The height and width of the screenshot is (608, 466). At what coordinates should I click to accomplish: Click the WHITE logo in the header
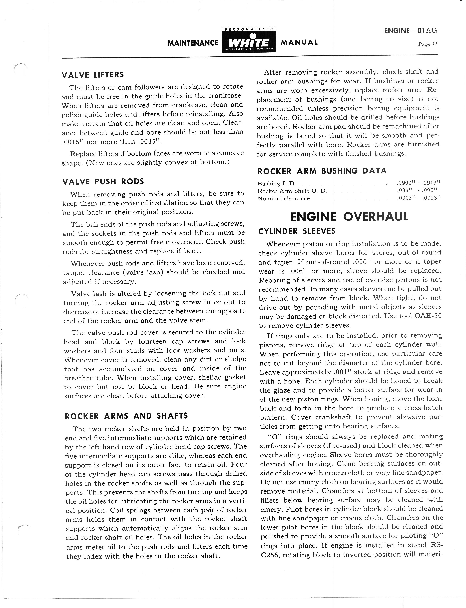249,42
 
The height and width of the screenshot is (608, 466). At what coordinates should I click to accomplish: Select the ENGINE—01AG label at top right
410,31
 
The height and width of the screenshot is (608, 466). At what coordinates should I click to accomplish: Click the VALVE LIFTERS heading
93,75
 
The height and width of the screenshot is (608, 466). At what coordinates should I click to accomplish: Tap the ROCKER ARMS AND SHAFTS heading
126,416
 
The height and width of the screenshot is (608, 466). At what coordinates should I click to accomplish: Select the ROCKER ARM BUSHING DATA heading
322,171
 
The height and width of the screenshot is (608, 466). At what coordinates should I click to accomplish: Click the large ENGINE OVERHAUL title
349,217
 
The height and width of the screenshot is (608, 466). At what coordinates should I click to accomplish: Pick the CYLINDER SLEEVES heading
297,231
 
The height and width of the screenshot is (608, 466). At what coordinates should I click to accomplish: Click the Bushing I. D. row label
277,184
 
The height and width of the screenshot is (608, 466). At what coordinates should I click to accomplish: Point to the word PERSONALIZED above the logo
249,29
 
